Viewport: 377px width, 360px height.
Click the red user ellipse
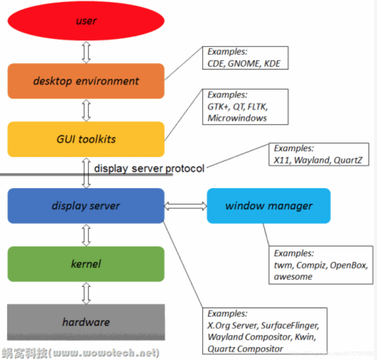point(86,21)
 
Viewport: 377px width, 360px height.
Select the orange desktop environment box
point(86,81)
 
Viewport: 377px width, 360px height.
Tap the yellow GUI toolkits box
point(86,139)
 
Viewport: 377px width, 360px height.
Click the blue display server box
point(86,206)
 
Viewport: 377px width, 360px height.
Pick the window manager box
point(269,206)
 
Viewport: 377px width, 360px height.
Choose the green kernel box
point(86,264)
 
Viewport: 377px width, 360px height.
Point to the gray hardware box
point(86,322)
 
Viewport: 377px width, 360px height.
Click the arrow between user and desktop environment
point(86,52)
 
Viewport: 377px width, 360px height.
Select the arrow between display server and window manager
point(185,206)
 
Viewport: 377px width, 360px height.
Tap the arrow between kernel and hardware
point(86,293)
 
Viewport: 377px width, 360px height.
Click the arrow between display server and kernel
point(86,235)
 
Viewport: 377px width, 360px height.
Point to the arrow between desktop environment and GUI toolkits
point(86,110)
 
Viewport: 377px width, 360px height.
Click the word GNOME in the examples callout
point(244,64)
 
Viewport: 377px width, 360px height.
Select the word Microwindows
point(237,118)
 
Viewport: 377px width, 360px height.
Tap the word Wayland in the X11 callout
point(312,160)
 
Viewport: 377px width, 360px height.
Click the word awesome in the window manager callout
point(293,277)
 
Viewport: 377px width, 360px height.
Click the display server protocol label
point(149,168)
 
